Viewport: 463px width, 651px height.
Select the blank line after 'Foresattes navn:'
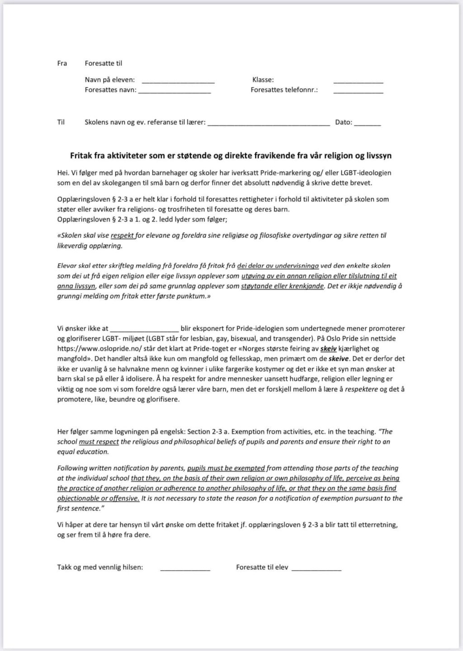pos(175,92)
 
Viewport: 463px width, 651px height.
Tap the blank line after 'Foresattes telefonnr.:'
pos(358,92)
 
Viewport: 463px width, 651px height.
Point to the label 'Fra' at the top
pos(62,63)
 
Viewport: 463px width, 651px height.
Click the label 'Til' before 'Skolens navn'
pos(61,122)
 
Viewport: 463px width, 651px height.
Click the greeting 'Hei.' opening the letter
pos(63,173)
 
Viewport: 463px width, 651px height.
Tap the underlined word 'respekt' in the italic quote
pos(123,235)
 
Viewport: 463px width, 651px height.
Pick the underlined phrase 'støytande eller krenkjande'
pos(283,286)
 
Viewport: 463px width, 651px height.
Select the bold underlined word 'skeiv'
pos(328,349)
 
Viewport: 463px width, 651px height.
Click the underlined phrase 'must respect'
pos(99,442)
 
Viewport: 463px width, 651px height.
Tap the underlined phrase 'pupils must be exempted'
pos(226,468)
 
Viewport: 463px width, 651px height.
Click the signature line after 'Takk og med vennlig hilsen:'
pos(185,569)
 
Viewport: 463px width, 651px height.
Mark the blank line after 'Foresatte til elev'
pos(317,569)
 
